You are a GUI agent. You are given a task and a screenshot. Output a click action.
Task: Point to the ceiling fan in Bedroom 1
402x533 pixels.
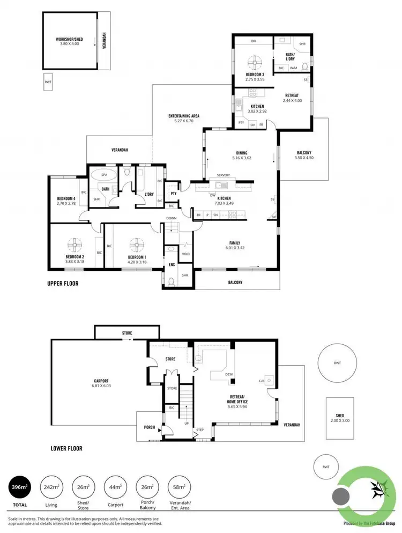(x=137, y=245)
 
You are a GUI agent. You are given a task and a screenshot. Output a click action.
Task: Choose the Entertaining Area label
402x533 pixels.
(x=184, y=119)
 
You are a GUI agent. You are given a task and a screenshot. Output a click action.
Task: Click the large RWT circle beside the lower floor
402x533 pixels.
(x=337, y=363)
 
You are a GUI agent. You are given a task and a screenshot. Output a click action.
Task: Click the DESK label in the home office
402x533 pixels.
(x=229, y=375)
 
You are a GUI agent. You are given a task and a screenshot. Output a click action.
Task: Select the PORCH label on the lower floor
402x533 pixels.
(x=150, y=427)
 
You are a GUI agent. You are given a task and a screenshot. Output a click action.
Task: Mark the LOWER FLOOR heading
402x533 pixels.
(x=66, y=449)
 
